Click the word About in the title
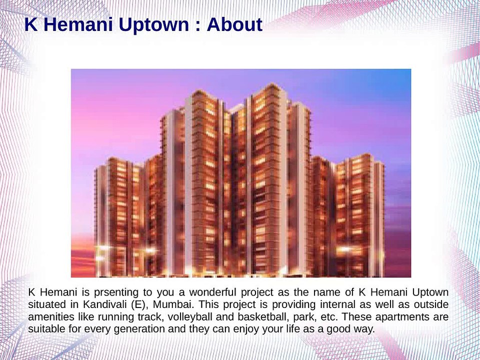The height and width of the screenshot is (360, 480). (234, 24)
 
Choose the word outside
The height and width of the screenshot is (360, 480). (430, 304)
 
